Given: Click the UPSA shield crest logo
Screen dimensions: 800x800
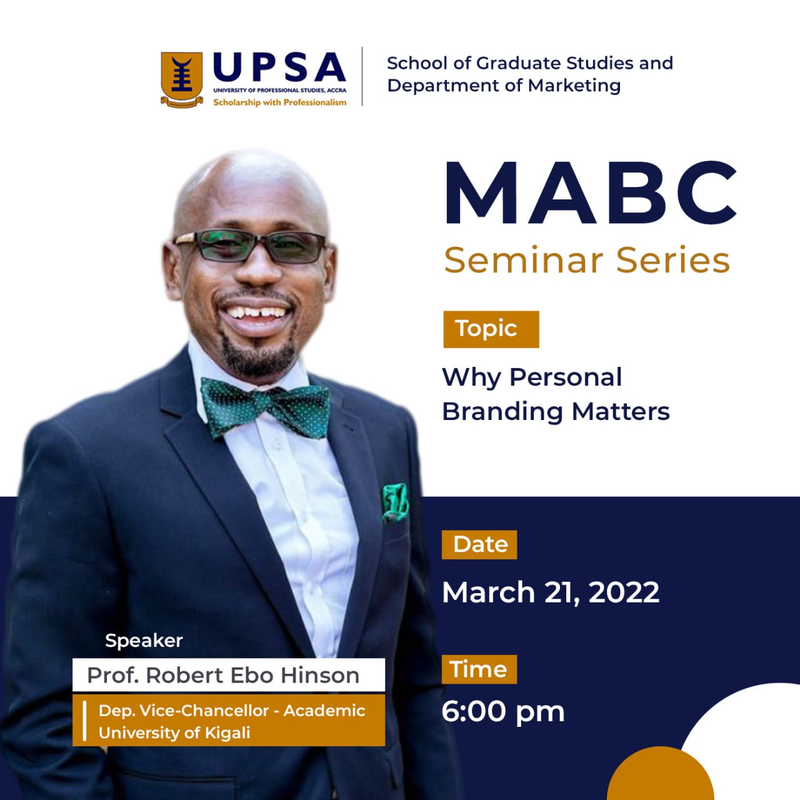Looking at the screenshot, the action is pyautogui.click(x=182, y=79).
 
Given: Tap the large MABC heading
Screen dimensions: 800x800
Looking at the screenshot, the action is pyautogui.click(x=590, y=193).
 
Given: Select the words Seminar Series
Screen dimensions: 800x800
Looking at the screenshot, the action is pyautogui.click(x=587, y=260).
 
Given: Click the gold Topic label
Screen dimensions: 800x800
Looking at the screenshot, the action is pyautogui.click(x=491, y=329).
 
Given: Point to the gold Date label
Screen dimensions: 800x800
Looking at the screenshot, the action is pyautogui.click(x=479, y=544).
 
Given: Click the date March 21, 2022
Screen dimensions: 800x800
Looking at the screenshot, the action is pyautogui.click(x=551, y=592).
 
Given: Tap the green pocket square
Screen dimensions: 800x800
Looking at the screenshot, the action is pyautogui.click(x=395, y=501).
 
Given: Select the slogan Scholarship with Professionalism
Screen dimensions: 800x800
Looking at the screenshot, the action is pyautogui.click(x=280, y=102).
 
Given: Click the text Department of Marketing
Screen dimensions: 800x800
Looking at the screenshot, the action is pyautogui.click(x=504, y=86).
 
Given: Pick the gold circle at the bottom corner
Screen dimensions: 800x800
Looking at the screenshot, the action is pyautogui.click(x=660, y=773).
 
